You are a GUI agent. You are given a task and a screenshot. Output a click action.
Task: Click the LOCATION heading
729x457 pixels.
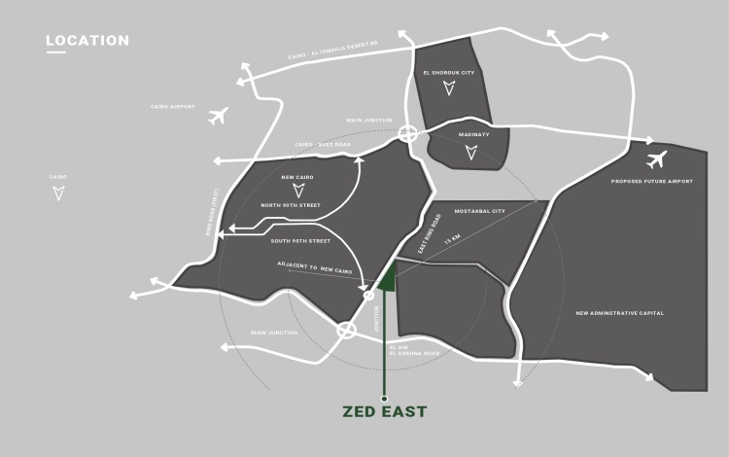pos(87,41)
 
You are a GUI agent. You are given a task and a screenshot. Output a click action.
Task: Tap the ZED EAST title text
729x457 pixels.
pos(384,412)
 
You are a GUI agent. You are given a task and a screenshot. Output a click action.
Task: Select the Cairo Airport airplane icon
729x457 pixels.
pos(218,117)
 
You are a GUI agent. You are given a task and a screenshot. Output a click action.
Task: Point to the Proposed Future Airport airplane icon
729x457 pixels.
pos(656,158)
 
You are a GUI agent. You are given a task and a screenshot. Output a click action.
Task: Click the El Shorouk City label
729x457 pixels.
pos(447,74)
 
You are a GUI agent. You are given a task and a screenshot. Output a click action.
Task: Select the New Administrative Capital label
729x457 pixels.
pos(620,313)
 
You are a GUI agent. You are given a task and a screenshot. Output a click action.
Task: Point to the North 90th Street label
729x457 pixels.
pos(291,206)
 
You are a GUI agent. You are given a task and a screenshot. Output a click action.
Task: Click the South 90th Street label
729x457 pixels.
pos(301,241)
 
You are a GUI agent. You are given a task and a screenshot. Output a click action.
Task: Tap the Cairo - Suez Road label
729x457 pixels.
pos(322,145)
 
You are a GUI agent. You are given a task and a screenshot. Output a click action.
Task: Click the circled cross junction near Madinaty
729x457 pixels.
pos(408,134)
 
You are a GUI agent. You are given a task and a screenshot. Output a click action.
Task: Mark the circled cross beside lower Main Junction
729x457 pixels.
pos(345,331)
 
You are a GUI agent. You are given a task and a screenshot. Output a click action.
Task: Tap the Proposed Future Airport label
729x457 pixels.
pos(652,182)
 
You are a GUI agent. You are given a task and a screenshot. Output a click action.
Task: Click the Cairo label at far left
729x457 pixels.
pos(58,177)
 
